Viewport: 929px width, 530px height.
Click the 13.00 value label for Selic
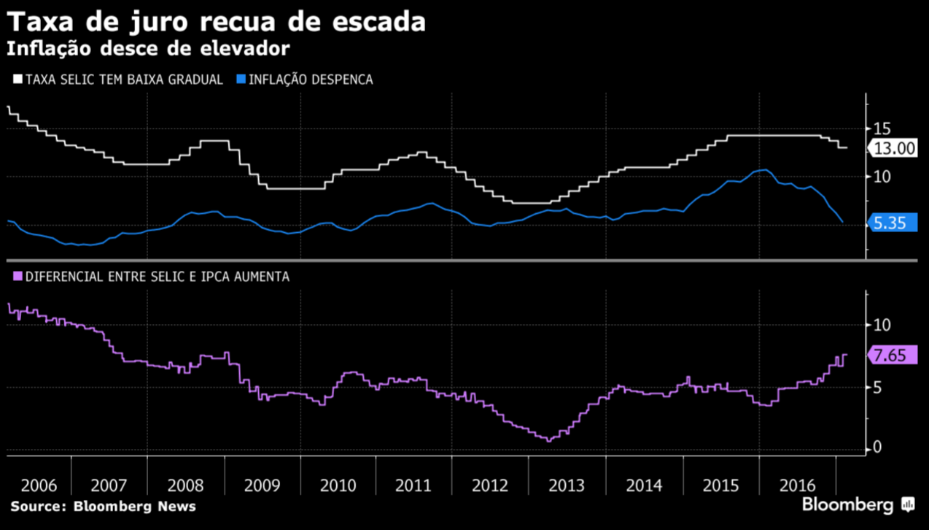894,148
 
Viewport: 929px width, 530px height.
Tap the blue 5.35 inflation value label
890,223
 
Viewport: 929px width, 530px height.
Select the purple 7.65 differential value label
890,356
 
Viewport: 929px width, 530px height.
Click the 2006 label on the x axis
39,485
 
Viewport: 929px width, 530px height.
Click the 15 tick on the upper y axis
882,128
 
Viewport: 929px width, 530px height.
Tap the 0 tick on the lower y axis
877,448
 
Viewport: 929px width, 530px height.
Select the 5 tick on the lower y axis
877,387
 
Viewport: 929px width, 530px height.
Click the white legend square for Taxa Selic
18,79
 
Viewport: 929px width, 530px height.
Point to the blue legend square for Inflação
241,79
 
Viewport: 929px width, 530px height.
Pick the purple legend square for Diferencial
18,277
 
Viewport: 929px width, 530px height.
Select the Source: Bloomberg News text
103,506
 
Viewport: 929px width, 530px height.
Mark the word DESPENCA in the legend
341,80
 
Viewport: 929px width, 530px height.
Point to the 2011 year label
414,485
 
